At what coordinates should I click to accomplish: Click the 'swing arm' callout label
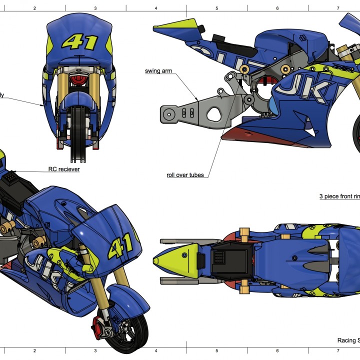pos(158,71)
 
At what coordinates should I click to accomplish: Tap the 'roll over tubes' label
pos(185,175)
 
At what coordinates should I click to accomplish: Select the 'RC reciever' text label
pos(63,169)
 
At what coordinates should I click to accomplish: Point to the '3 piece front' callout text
pos(339,196)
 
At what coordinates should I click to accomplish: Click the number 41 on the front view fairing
pos(79,41)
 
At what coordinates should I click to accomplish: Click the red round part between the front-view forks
pos(77,80)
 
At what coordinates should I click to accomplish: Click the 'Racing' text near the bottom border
pos(346,340)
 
